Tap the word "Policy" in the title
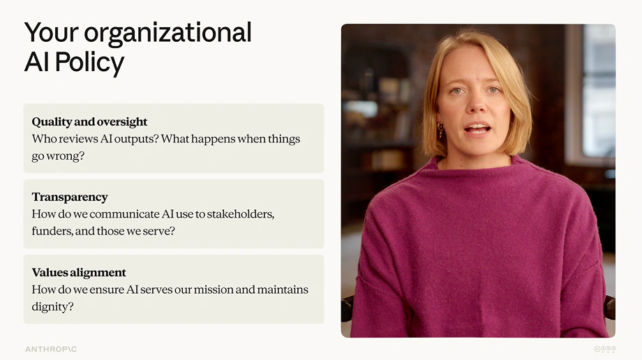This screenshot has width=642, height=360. (x=89, y=63)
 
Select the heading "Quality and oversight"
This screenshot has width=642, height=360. (x=89, y=121)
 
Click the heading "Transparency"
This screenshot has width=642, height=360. (x=70, y=197)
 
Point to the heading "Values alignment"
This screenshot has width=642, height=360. (x=79, y=272)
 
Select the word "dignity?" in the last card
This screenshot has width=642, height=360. (x=52, y=307)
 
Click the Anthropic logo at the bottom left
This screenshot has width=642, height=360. (x=51, y=350)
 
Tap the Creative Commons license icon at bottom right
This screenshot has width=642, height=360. (x=605, y=349)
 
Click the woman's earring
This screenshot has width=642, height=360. (x=440, y=130)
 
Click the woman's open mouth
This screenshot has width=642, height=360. (x=477, y=130)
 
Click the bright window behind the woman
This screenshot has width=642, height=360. (x=599, y=90)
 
